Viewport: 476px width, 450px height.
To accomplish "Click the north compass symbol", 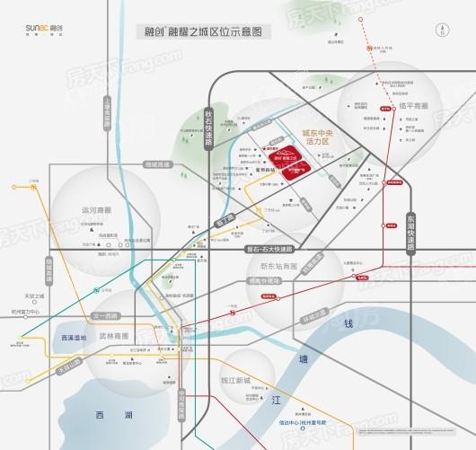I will [x=441, y=30].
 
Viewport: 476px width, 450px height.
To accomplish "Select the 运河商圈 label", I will [x=95, y=210].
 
